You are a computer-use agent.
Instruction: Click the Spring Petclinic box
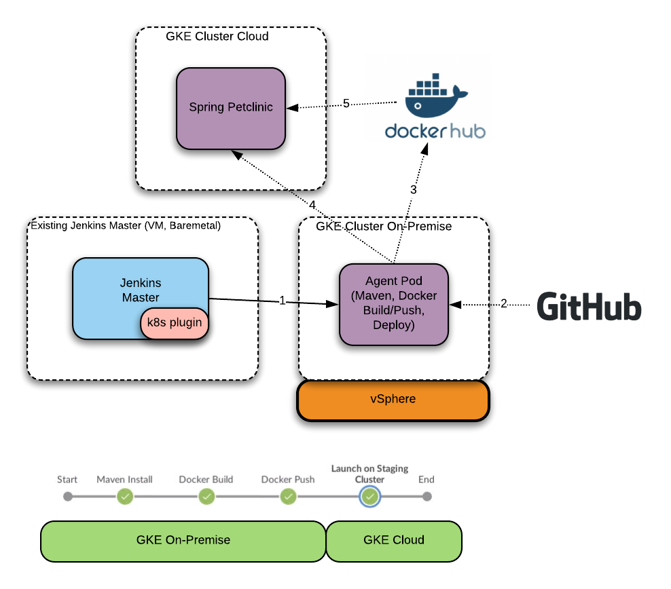[231, 108]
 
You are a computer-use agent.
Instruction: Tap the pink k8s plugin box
[175, 322]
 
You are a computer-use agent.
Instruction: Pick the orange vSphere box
[393, 400]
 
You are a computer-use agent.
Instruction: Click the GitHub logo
[586, 306]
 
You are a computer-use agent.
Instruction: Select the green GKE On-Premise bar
[183, 541]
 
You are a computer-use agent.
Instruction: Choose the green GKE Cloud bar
[394, 541]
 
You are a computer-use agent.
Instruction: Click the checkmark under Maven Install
[124, 497]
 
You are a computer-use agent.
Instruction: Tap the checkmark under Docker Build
[206, 497]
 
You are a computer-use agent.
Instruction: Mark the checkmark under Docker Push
[288, 497]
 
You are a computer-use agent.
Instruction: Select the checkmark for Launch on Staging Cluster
[369, 497]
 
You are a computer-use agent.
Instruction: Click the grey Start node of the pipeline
[67, 497]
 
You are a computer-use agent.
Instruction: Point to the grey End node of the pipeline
[427, 497]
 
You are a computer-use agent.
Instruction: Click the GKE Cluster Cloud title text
[217, 37]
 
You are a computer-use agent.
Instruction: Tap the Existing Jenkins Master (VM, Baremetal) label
[126, 225]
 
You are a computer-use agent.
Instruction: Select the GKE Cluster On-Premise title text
[384, 226]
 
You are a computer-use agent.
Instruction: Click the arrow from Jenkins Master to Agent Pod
[272, 301]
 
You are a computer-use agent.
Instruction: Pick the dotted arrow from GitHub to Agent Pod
[472, 305]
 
